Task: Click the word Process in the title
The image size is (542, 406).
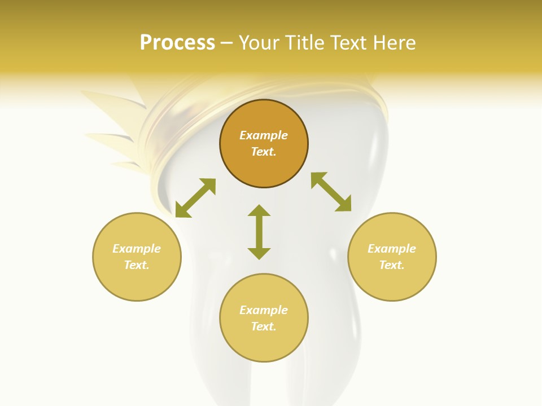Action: pyautogui.click(x=177, y=43)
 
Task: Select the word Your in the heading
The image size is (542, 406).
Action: pyautogui.click(x=260, y=43)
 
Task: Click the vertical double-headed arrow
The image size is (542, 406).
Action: pyautogui.click(x=259, y=232)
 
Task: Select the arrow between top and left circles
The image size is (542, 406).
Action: pyautogui.click(x=195, y=197)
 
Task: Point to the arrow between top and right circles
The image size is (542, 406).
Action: pyautogui.click(x=331, y=192)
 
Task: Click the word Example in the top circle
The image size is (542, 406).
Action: pyautogui.click(x=264, y=135)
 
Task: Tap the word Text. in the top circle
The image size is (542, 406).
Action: pyautogui.click(x=264, y=152)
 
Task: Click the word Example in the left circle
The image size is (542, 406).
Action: pyautogui.click(x=137, y=249)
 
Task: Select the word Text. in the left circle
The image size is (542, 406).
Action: pyautogui.click(x=137, y=265)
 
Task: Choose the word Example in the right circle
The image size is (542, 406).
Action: pyautogui.click(x=392, y=249)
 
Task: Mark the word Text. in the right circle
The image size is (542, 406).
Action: pyautogui.click(x=392, y=265)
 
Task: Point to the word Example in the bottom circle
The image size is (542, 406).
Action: pyautogui.click(x=264, y=310)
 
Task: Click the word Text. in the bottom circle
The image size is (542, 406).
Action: pyautogui.click(x=264, y=326)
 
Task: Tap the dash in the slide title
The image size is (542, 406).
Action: pyautogui.click(x=227, y=43)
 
